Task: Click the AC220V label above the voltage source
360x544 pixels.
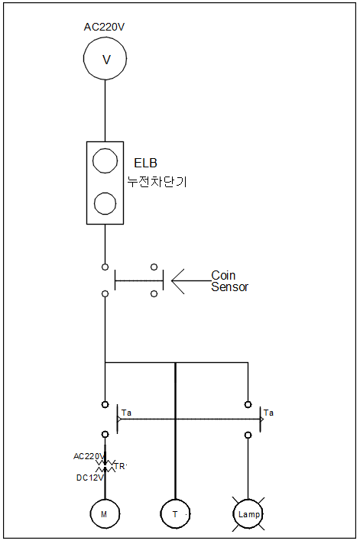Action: [104, 27]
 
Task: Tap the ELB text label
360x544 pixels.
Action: [146, 163]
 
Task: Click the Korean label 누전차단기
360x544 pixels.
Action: [157, 181]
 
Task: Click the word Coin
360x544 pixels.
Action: [223, 276]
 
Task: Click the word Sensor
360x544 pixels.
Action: [230, 287]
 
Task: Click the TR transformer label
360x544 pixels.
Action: [120, 467]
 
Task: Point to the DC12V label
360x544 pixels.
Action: [90, 478]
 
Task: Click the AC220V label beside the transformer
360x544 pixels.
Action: [89, 456]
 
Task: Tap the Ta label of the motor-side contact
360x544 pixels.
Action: [126, 413]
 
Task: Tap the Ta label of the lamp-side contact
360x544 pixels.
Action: [268, 413]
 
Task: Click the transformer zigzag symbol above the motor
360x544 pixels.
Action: [105, 466]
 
